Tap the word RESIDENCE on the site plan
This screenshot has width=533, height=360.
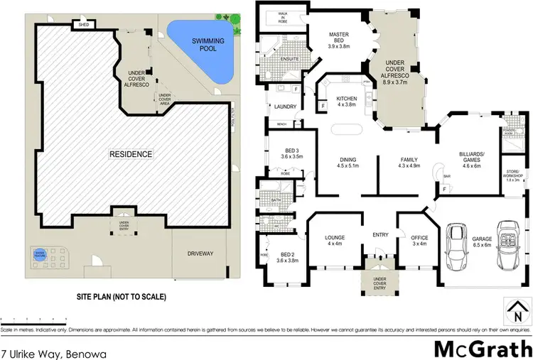click(130, 153)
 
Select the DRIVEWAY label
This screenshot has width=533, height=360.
click(201, 253)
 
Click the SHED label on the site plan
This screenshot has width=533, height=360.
click(83, 25)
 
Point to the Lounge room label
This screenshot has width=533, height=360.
click(335, 240)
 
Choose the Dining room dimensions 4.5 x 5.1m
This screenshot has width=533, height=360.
click(348, 168)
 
